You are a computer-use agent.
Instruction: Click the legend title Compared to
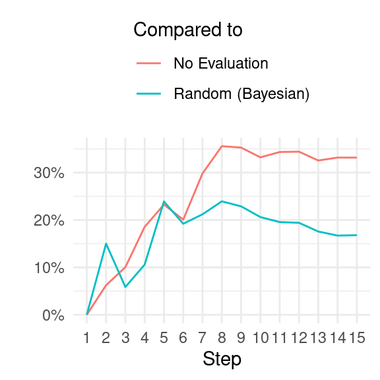click(188, 30)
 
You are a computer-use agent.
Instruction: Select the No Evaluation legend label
click(221, 63)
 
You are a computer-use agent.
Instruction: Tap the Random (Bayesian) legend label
click(241, 94)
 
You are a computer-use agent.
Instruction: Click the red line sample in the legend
click(149, 63)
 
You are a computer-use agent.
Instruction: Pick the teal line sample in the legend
click(149, 94)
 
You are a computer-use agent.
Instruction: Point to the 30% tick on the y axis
click(49, 174)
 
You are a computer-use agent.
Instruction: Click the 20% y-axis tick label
click(49, 221)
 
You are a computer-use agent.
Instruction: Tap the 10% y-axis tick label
click(49, 268)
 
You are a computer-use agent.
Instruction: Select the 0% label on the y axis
click(53, 315)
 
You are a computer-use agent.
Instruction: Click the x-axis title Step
click(222, 360)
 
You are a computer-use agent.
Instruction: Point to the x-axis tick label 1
click(86, 338)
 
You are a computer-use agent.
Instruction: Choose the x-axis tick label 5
click(164, 338)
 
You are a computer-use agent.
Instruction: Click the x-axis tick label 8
click(222, 338)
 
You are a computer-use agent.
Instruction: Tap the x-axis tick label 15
click(357, 338)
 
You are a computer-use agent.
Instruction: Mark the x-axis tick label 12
click(299, 338)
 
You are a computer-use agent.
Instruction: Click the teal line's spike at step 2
click(106, 243)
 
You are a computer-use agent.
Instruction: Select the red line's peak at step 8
click(222, 146)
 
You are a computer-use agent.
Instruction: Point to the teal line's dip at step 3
click(125, 287)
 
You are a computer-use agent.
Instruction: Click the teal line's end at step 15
click(357, 235)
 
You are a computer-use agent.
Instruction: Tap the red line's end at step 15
click(357, 158)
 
